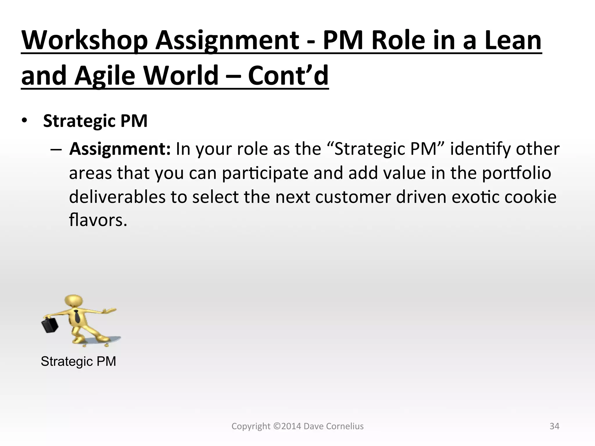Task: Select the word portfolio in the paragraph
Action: click(x=517, y=173)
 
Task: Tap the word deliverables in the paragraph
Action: click(x=117, y=197)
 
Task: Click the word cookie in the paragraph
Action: click(x=531, y=197)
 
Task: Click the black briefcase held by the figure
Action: click(x=50, y=325)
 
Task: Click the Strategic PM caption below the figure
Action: click(x=78, y=362)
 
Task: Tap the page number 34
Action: click(x=554, y=426)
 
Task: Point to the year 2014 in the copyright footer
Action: click(x=291, y=426)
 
